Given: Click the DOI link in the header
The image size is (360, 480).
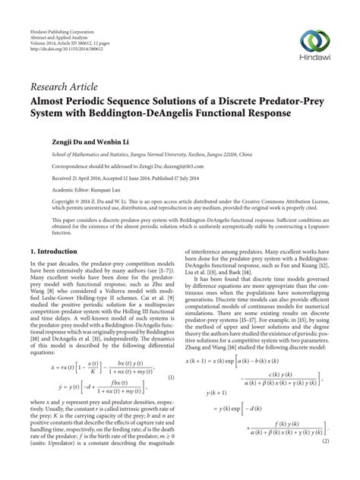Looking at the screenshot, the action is (65, 53).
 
